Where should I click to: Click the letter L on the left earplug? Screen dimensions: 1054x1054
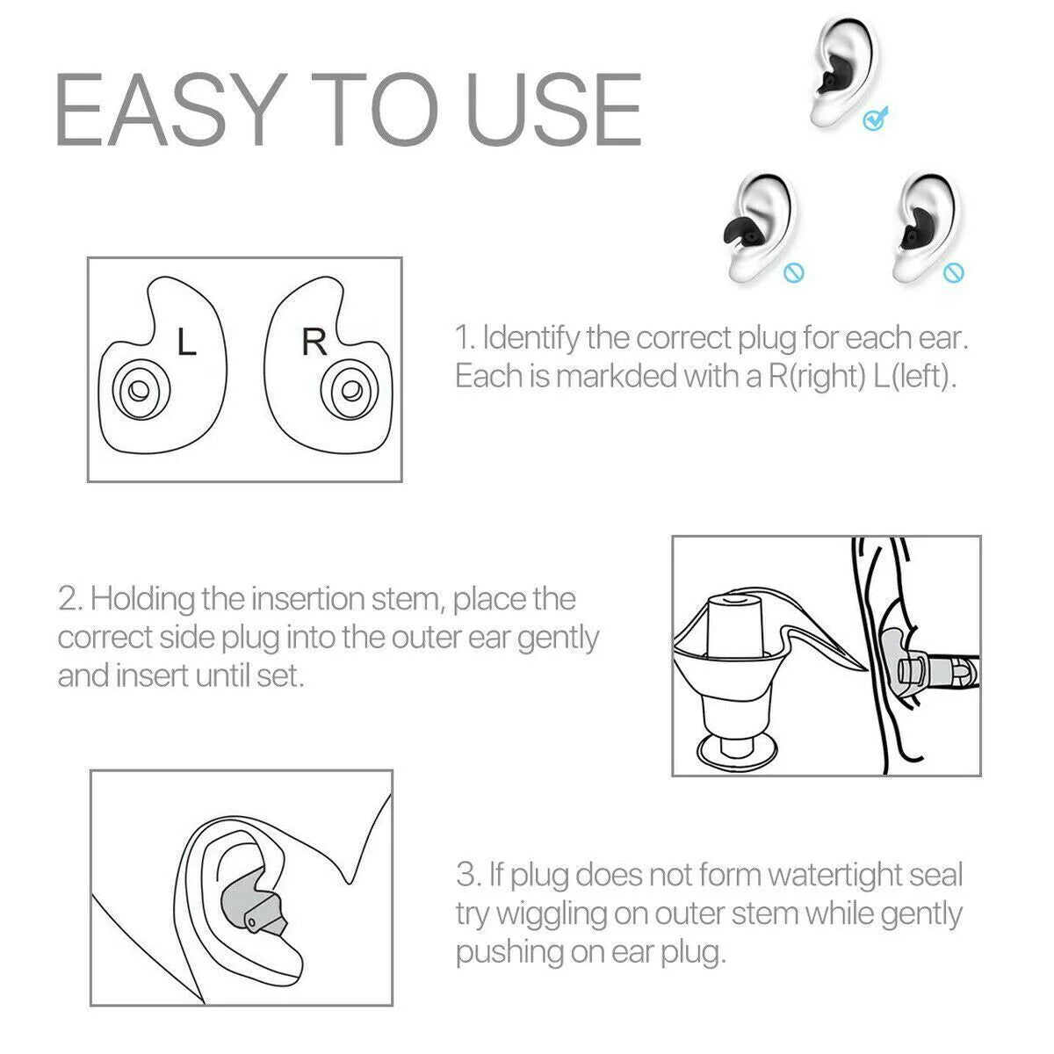186,343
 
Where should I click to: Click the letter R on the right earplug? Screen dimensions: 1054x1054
314,342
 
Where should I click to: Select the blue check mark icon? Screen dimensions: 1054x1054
876,118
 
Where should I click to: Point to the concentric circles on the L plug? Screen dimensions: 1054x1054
136,387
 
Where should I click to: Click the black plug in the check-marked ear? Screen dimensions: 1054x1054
829,81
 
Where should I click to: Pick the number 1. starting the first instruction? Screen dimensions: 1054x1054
465,337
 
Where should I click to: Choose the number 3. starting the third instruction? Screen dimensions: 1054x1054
468,875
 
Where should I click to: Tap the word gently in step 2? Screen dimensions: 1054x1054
558,639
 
